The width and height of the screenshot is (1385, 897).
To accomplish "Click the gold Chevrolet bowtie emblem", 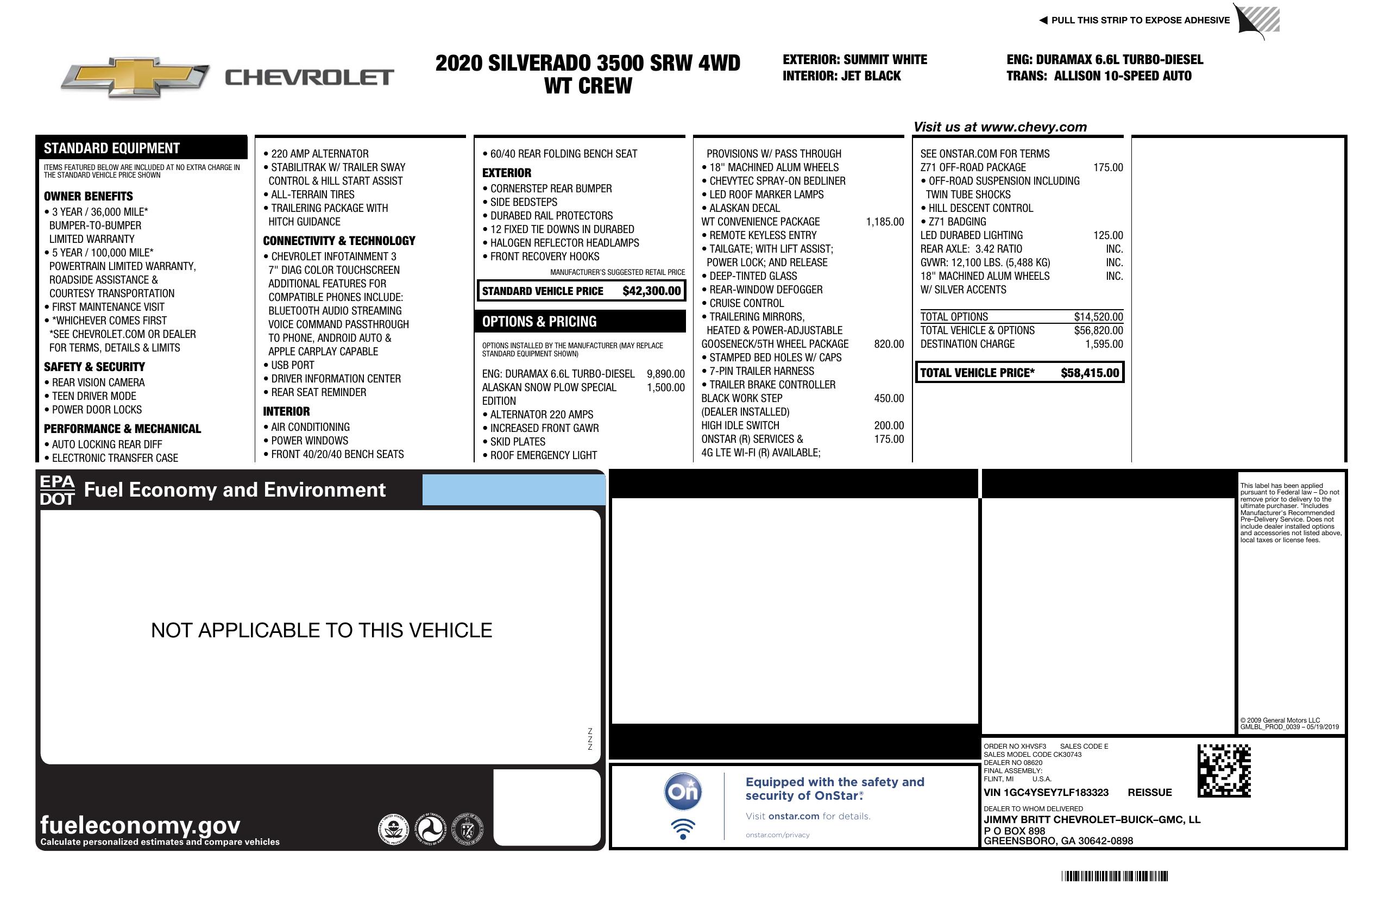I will point(135,77).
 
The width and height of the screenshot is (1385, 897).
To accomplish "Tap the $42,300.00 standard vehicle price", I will point(651,291).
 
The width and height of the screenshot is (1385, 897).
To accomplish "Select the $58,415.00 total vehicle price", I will point(1090,373).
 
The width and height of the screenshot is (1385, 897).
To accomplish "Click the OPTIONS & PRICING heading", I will point(539,322).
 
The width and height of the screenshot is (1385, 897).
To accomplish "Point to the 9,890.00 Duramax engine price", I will point(665,374).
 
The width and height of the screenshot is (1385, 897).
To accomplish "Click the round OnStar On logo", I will point(683,792).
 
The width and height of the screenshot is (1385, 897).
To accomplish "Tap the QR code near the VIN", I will point(1223,771).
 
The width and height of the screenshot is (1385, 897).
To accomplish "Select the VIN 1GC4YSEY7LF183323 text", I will point(1046,792).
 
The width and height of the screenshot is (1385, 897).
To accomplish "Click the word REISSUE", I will point(1149,792).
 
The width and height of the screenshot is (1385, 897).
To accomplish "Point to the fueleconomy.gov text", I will point(140,825).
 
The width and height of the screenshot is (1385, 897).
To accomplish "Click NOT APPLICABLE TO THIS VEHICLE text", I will point(321,630).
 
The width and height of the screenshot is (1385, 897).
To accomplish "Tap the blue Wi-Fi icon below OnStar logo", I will point(683,829).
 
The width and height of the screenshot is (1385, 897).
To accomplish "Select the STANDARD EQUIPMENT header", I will point(112,148).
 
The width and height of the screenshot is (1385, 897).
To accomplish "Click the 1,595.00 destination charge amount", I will point(1103,344).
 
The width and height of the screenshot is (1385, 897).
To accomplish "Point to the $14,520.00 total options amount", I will point(1098,317).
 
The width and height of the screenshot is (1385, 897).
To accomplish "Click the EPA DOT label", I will point(57,490).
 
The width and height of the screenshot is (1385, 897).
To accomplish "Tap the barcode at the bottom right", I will point(1114,876).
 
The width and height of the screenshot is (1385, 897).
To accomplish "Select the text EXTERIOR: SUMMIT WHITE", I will point(854,59).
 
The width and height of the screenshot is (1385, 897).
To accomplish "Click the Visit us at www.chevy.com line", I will point(1000,127).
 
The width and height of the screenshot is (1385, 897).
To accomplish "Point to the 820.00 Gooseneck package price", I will point(889,344).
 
